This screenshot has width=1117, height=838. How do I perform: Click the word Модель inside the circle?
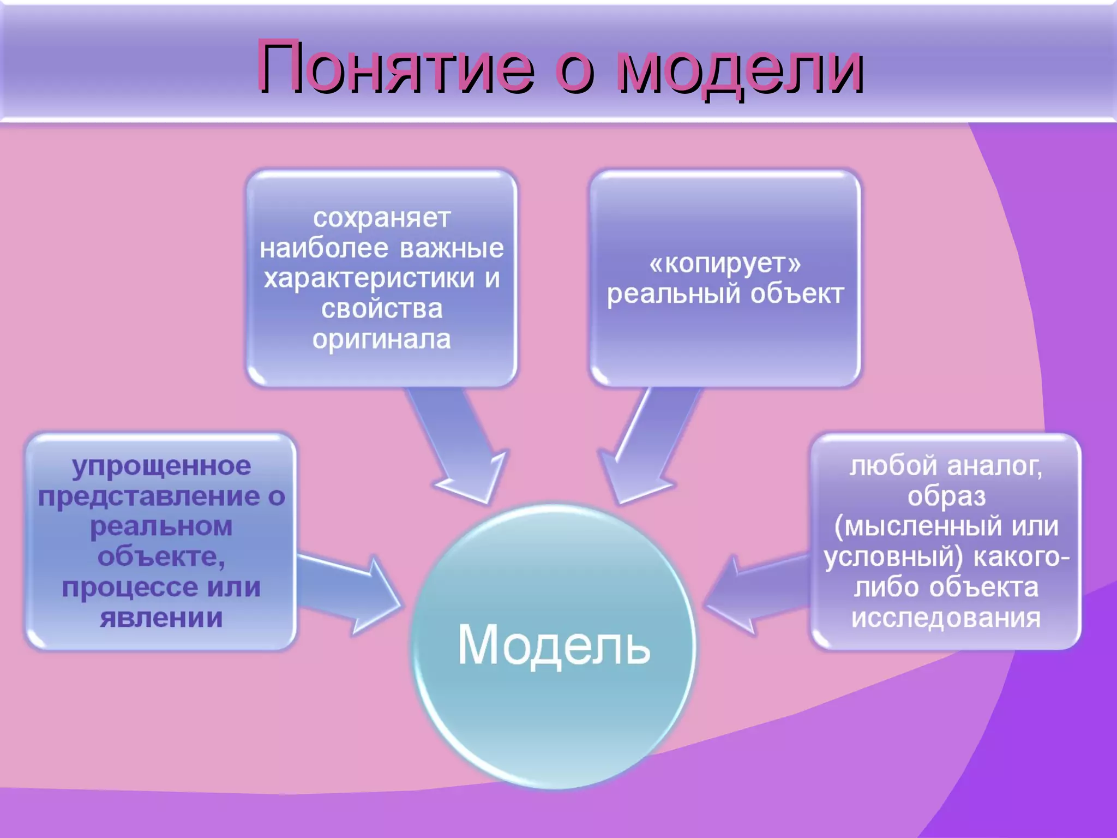point(554,645)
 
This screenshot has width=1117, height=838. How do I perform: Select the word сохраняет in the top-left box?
point(382,218)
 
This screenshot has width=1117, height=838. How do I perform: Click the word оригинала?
point(382,339)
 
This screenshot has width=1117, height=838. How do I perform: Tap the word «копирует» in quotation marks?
point(725,264)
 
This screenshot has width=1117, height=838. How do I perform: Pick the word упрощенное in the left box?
point(161,466)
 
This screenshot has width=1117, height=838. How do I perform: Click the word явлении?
point(161,618)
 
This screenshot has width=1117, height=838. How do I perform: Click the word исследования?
point(946,618)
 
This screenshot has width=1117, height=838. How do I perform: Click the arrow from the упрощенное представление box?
point(349,595)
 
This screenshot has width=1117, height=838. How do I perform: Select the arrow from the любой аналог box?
point(758,595)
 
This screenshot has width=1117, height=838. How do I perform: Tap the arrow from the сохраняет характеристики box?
point(458,442)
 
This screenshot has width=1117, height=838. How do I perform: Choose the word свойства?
point(382,309)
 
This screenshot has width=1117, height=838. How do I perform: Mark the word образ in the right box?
point(946,496)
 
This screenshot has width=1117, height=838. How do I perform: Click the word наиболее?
point(324,249)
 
